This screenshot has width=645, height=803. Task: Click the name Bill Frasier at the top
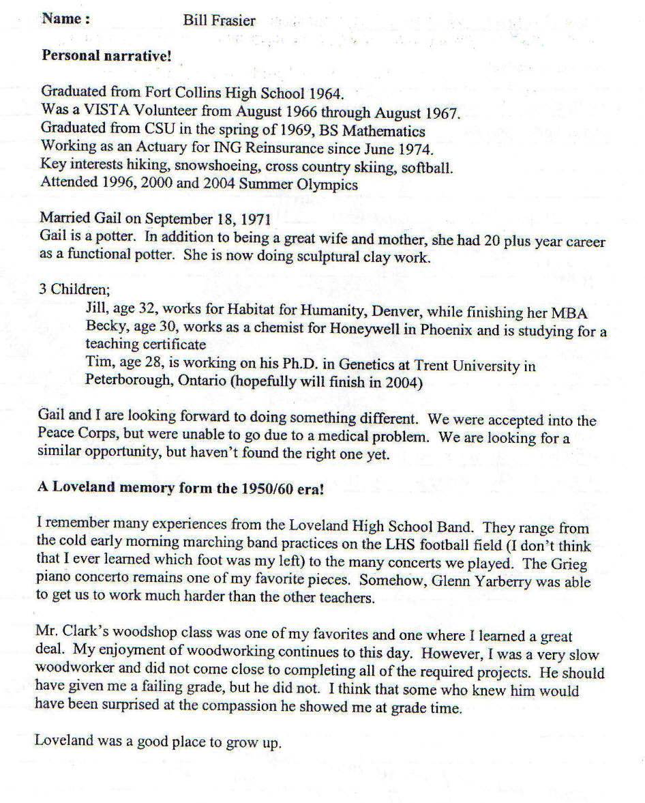click(x=219, y=20)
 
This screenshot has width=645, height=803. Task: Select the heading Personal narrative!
click(x=106, y=56)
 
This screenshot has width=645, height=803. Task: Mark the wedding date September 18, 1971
click(x=195, y=219)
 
